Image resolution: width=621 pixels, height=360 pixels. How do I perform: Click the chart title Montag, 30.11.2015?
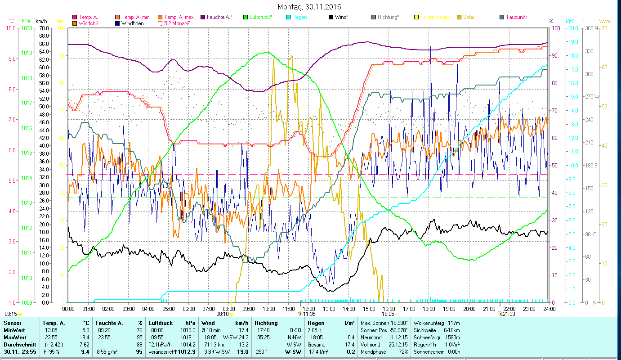(309, 7)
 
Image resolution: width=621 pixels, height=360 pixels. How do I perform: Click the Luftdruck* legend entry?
(260, 17)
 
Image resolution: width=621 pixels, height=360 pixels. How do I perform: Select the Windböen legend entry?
(133, 23)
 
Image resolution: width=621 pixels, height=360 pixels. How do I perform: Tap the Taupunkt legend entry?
(516, 17)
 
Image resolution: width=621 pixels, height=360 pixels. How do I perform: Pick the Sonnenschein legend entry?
(435, 17)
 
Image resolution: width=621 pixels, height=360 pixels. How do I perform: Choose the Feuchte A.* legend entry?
(219, 17)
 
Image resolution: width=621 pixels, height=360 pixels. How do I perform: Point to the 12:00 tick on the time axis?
(308, 309)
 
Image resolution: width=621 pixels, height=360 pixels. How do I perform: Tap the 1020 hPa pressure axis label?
(27, 28)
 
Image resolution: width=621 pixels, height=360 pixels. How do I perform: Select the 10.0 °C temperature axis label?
(10, 28)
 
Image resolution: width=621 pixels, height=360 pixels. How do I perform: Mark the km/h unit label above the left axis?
(41, 21)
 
